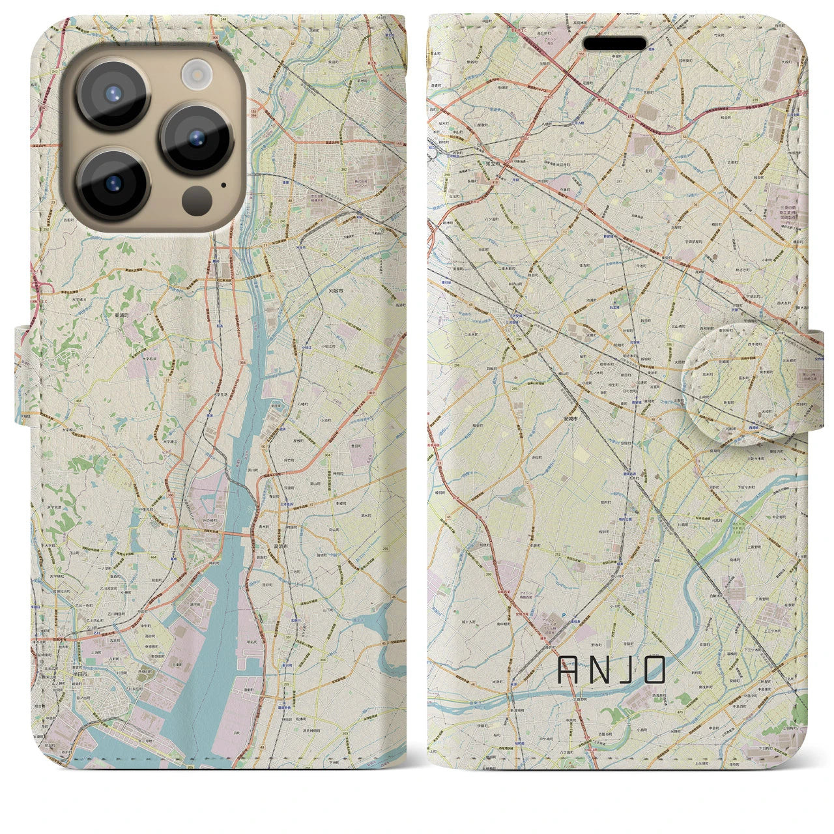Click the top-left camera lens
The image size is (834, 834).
113,93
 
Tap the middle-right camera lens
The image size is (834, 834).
197,139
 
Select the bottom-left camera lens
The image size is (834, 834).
113,184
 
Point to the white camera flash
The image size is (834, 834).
195,74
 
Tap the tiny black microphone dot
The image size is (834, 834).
225,184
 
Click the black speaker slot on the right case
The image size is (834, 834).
614,44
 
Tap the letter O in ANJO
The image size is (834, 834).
654,670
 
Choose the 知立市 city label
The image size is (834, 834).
493,165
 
